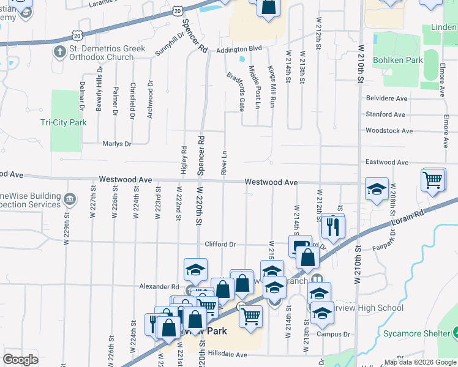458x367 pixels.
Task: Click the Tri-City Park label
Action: [x=64, y=122]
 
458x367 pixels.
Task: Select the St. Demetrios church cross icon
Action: [x=60, y=51]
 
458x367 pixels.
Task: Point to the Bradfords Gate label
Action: [x=236, y=92]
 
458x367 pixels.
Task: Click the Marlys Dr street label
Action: [x=116, y=144]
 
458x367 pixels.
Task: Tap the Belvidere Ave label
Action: [x=386, y=98]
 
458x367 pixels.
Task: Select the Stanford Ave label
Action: [x=385, y=114]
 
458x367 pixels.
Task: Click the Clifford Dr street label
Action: [x=220, y=244]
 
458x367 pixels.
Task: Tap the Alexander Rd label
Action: [x=158, y=286]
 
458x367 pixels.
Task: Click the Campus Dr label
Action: [x=333, y=334]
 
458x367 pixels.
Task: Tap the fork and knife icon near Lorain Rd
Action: [x=333, y=226]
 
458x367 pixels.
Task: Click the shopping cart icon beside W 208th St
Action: [x=432, y=180]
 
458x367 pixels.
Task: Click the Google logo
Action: [x=20, y=359]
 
